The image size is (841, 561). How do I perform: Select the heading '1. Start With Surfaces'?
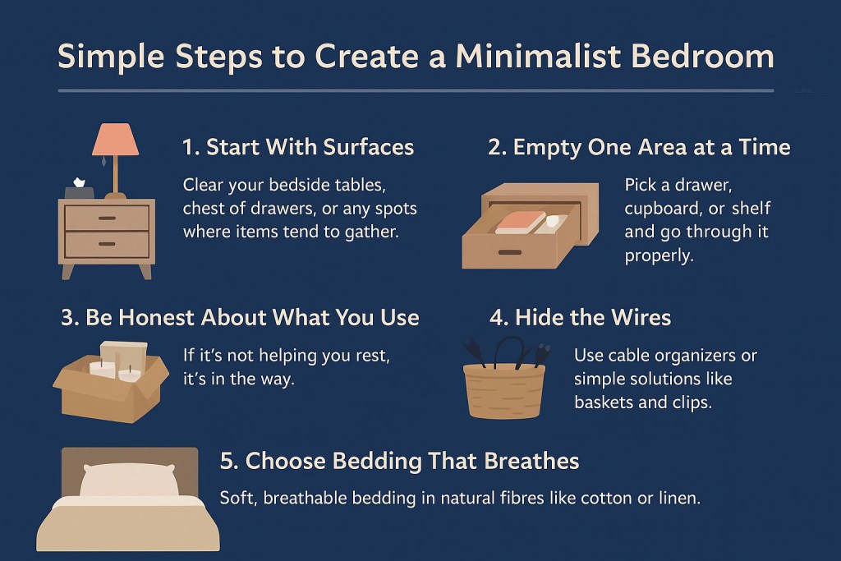point(297,147)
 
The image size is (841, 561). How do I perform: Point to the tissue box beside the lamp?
point(80,190)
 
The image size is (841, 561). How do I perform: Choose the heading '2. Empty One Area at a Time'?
point(639,147)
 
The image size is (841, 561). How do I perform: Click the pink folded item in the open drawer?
point(521,222)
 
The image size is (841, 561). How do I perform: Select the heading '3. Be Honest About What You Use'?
point(240,317)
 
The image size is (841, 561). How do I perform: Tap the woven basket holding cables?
point(503,390)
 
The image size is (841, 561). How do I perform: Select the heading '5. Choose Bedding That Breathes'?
point(399,461)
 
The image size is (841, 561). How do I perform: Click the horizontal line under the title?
point(416,90)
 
